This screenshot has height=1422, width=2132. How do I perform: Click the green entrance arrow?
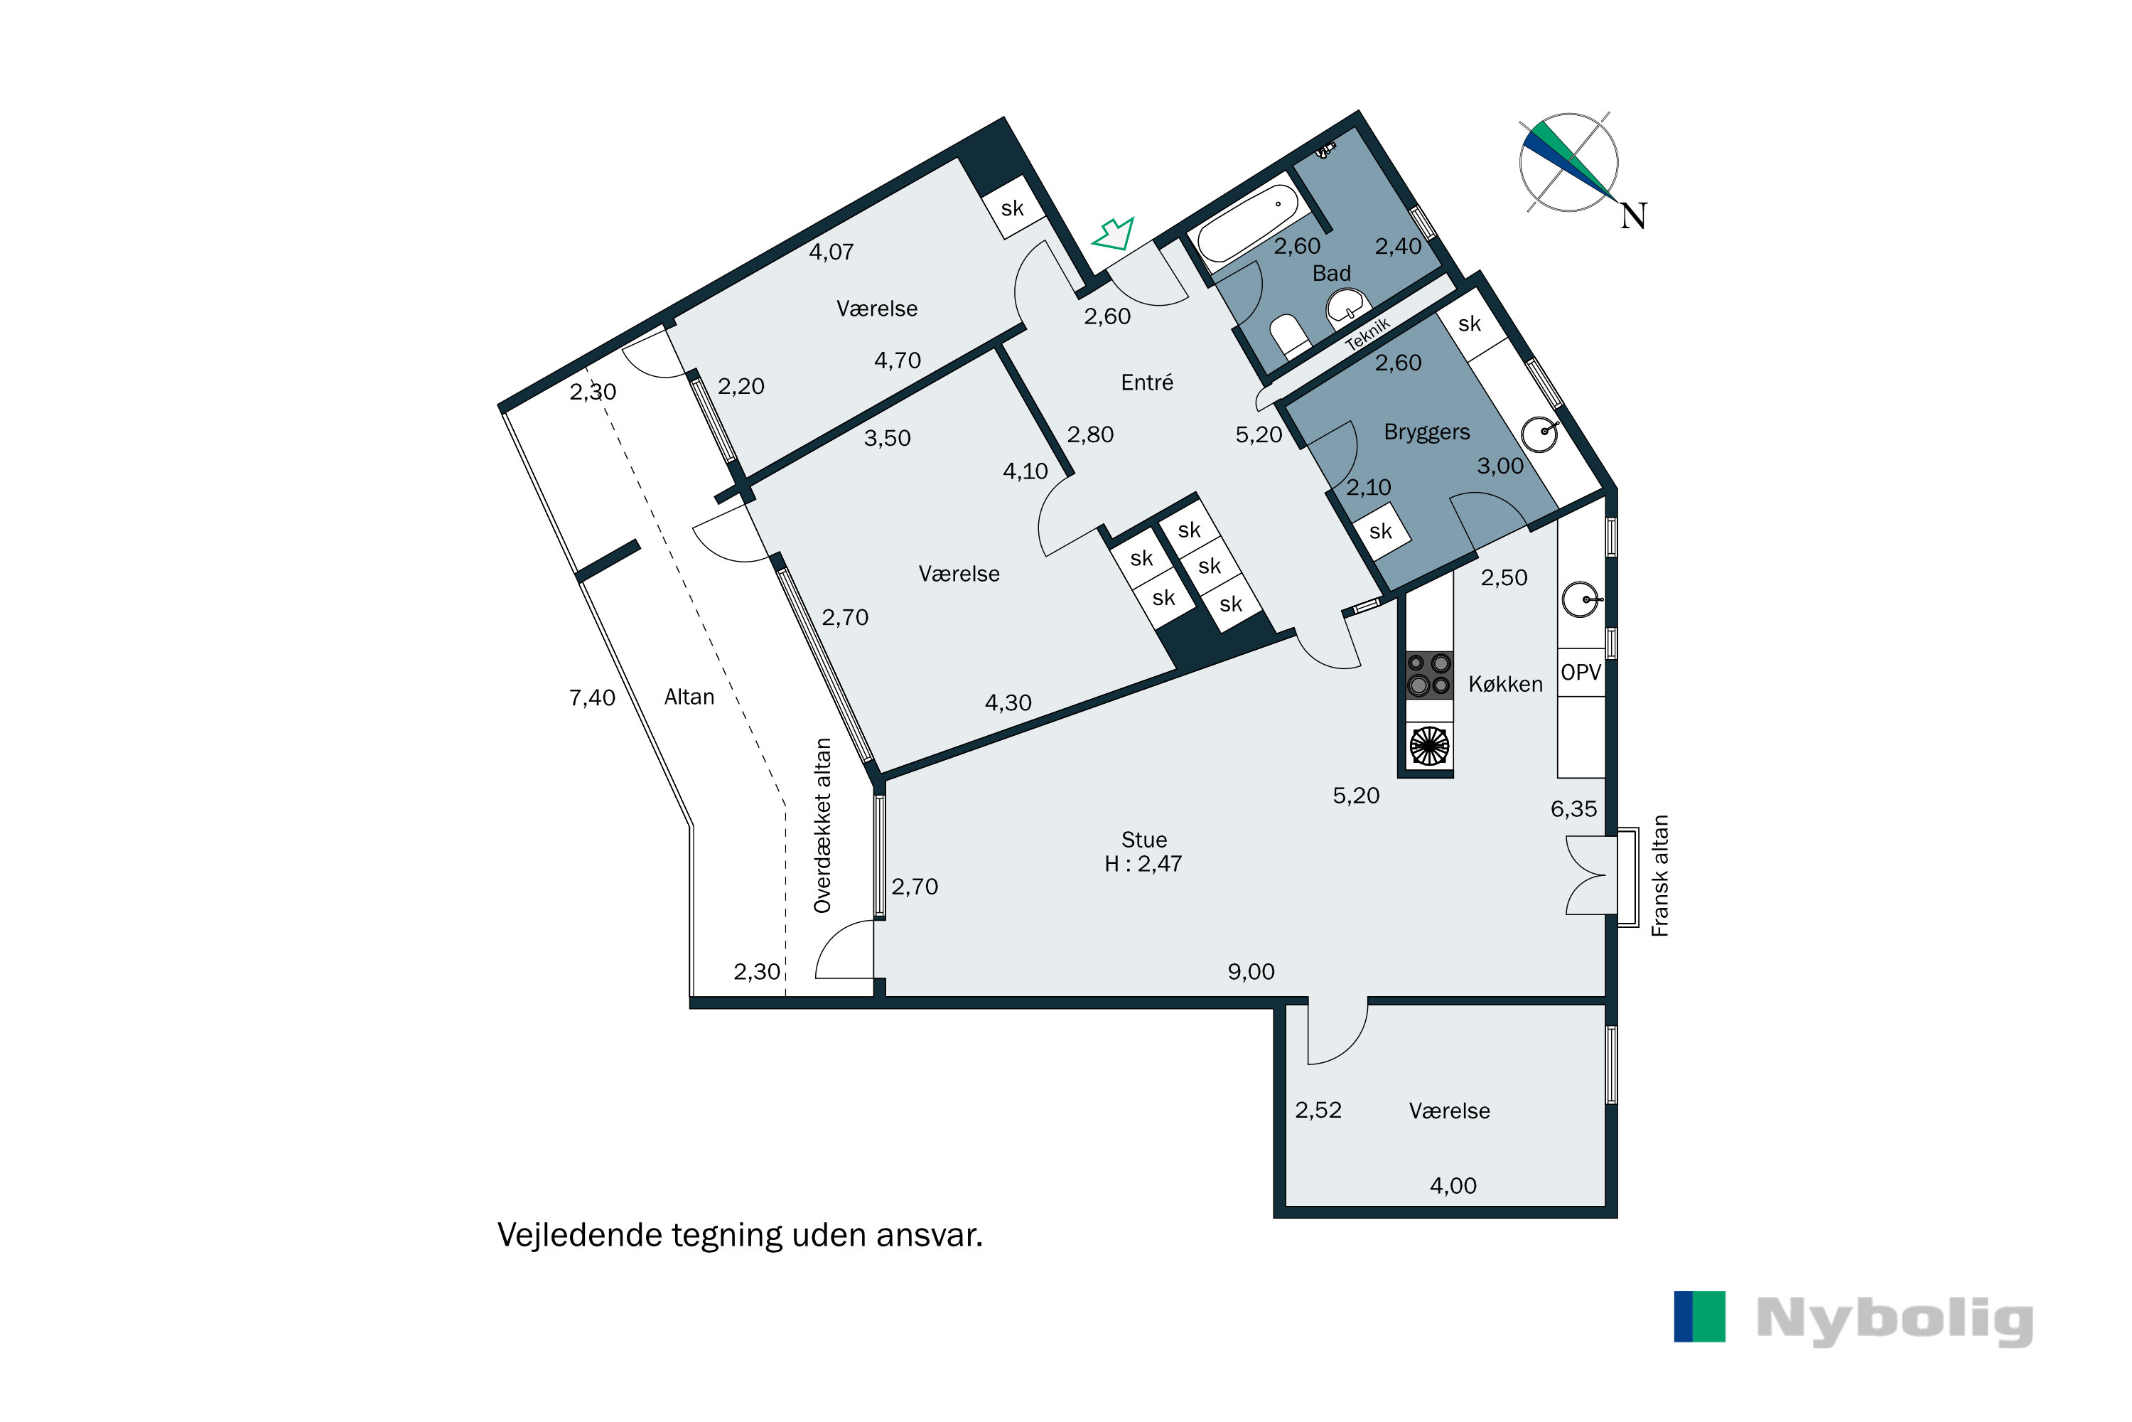1114,234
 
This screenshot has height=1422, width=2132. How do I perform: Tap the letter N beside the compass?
1632,216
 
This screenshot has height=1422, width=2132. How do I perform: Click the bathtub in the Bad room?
1248,222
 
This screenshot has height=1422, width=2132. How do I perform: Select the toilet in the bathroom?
1290,335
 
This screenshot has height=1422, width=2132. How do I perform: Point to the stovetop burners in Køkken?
1428,675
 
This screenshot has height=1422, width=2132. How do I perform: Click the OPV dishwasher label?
1581,672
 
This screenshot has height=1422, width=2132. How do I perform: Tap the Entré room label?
1147,383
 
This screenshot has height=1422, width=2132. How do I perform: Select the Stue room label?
1144,839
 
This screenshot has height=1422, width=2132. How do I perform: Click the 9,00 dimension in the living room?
1251,971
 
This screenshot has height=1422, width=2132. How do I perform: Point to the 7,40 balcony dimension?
592,697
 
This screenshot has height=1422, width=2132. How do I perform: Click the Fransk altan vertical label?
1659,875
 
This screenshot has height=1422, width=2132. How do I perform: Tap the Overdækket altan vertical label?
822,825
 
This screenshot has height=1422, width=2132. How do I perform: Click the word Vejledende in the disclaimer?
579,1235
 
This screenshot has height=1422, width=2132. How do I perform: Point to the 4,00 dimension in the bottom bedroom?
1453,1185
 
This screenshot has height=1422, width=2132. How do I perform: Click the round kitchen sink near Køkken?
1581,599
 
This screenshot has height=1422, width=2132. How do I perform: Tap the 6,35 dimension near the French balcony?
1573,808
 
